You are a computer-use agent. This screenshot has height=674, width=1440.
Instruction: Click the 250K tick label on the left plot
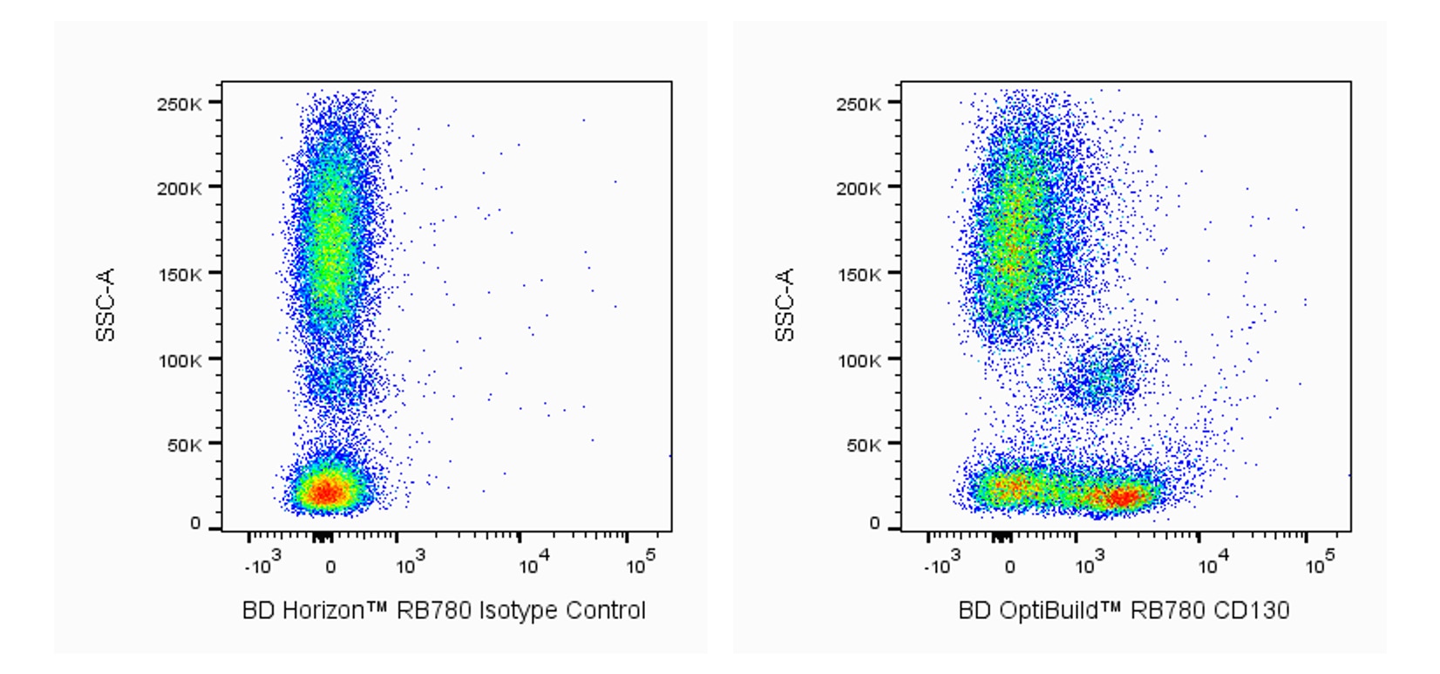click(x=180, y=104)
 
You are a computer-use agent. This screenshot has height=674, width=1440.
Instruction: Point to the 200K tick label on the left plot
click(x=180, y=188)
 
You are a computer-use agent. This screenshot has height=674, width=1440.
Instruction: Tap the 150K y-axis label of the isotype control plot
click(x=180, y=275)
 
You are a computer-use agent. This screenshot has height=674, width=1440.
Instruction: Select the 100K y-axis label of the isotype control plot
click(x=180, y=360)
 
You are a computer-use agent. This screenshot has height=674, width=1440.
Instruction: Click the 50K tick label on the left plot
click(x=184, y=446)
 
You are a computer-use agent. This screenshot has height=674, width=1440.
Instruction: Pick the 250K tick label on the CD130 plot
click(x=859, y=104)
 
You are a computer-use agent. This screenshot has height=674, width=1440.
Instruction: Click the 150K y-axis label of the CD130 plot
click(x=859, y=275)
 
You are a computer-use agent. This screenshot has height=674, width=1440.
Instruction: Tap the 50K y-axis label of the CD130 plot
click(x=863, y=446)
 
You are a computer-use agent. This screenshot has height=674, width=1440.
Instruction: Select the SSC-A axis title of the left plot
click(x=105, y=304)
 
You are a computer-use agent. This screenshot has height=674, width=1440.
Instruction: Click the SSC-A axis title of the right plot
click(x=785, y=304)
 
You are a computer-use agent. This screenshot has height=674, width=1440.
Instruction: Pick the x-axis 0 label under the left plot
click(x=330, y=567)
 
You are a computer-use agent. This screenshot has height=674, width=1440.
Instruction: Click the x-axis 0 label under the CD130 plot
click(x=1009, y=567)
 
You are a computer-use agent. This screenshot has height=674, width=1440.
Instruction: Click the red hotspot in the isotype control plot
click(x=324, y=492)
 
